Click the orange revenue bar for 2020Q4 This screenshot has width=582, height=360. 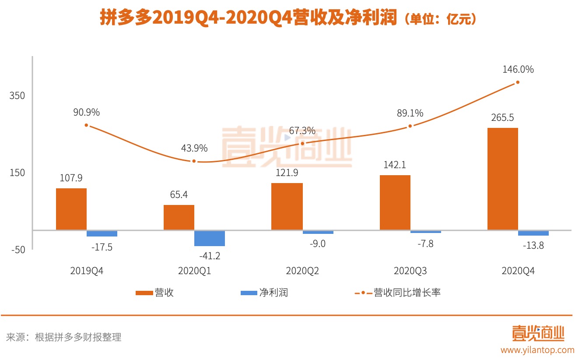502,179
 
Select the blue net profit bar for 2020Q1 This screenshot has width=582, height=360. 210,238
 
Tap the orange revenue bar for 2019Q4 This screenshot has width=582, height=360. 71,209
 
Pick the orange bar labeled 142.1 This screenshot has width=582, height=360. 395,202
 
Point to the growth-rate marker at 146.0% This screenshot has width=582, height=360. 518,82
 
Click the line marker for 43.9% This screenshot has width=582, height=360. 194,161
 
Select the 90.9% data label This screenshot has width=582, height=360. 86,112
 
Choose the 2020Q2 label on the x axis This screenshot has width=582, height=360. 302,271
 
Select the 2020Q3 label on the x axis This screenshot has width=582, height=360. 410,271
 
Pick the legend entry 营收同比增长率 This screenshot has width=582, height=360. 397,293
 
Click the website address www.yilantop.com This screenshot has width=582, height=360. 537,350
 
